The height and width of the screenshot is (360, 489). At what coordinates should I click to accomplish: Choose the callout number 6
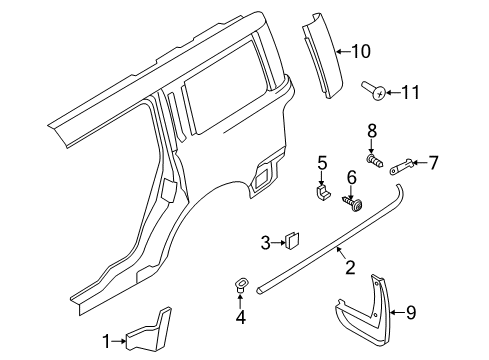tap(351, 177)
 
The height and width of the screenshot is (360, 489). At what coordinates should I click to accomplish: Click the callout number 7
tap(433, 161)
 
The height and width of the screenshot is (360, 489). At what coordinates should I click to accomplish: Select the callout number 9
tap(438, 312)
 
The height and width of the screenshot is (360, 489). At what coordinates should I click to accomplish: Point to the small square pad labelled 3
tap(292, 240)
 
